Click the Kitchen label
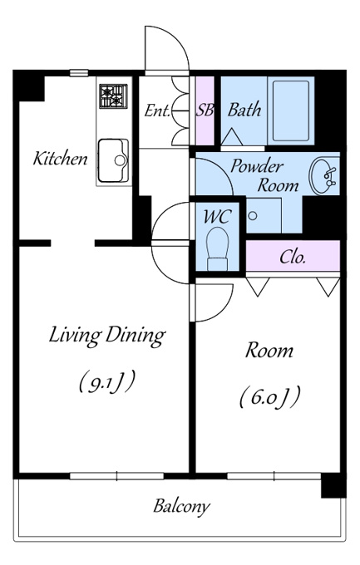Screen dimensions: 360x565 point(60,159)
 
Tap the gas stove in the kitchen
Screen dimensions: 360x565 point(114,96)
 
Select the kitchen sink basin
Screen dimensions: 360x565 point(113,160)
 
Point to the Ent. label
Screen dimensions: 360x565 point(157,111)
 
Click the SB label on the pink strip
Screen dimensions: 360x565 point(205,110)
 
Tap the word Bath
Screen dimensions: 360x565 point(244,110)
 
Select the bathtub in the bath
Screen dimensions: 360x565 point(291,111)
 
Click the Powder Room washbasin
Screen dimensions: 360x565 point(323,176)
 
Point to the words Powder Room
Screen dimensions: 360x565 point(265,176)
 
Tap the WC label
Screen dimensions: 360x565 point(217,217)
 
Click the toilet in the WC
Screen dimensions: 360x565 point(217,248)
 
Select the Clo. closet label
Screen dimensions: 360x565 point(293,257)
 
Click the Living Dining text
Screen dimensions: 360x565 point(107,336)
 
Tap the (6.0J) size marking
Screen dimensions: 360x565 point(270,396)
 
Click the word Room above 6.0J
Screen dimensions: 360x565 point(269,351)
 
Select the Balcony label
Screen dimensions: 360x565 point(181,506)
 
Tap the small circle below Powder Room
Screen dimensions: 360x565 point(253,216)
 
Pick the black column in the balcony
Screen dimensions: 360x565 point(333,485)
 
